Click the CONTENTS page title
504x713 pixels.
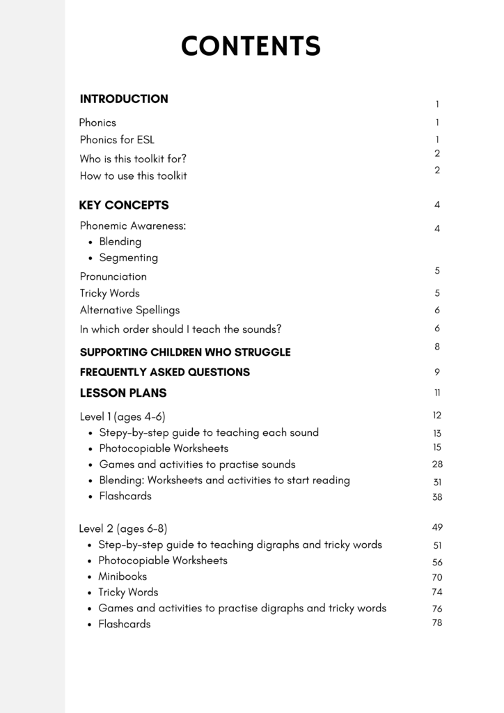tap(251, 46)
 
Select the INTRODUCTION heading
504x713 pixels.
tap(124, 99)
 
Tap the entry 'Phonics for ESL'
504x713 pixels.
tap(117, 139)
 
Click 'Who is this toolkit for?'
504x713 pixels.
tap(133, 159)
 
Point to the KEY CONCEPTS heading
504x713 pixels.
tap(124, 205)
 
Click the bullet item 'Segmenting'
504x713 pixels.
tap(128, 258)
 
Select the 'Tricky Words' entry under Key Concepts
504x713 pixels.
tap(109, 293)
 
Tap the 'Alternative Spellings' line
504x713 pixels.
tap(129, 310)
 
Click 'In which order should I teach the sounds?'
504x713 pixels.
tap(180, 329)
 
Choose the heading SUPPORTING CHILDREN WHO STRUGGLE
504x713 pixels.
tap(185, 352)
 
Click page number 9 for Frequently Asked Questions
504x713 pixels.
tap(437, 372)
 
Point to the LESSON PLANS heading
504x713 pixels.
tap(123, 393)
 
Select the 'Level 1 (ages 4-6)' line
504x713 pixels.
tap(123, 416)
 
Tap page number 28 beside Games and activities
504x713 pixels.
tap(437, 464)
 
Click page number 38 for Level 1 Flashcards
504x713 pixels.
tap(437, 497)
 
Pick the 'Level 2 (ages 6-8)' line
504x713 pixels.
tap(123, 528)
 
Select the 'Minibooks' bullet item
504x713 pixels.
tap(122, 577)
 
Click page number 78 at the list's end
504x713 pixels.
tap(437, 622)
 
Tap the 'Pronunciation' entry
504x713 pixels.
tap(113, 276)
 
